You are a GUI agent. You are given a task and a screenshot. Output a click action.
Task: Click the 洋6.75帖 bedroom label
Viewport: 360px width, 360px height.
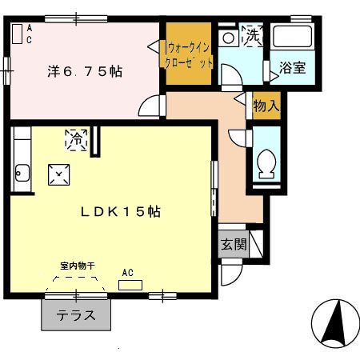(x=85, y=71)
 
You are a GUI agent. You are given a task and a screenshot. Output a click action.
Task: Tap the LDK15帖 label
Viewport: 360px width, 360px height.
(x=121, y=212)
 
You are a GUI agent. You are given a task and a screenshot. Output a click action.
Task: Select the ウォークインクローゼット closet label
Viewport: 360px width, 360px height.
(x=189, y=55)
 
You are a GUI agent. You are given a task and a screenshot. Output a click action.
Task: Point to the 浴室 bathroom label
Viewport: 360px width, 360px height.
(x=293, y=68)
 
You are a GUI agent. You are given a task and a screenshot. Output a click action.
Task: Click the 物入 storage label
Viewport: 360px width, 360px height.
(x=266, y=106)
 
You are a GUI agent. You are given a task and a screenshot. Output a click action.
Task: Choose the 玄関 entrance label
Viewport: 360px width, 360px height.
(x=234, y=244)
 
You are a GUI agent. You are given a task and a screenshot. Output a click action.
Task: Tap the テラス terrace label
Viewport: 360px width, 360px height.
(x=76, y=316)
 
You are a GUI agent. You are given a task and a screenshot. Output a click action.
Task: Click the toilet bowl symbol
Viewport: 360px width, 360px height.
(x=266, y=163)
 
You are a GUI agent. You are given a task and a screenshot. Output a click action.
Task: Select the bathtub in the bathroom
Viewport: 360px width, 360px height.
(x=293, y=37)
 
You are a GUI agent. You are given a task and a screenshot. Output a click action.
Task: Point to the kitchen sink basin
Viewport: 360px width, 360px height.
(x=22, y=173)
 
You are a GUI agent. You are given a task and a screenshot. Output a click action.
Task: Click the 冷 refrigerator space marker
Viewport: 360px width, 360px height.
(x=77, y=140)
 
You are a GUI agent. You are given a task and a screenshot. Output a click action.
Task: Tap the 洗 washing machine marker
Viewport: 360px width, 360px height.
(x=252, y=36)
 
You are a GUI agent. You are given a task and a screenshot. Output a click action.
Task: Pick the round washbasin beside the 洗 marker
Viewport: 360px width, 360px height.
(x=228, y=38)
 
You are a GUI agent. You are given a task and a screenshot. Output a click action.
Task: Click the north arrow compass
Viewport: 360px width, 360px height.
(x=335, y=323)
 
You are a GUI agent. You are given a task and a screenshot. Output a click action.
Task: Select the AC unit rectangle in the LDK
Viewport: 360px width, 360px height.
(x=130, y=285)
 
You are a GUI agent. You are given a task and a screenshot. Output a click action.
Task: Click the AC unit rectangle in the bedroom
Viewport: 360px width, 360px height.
(x=18, y=34)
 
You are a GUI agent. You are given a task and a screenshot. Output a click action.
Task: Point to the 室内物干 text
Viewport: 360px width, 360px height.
(x=78, y=266)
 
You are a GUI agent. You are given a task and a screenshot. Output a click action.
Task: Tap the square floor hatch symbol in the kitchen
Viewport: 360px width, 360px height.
(x=59, y=174)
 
